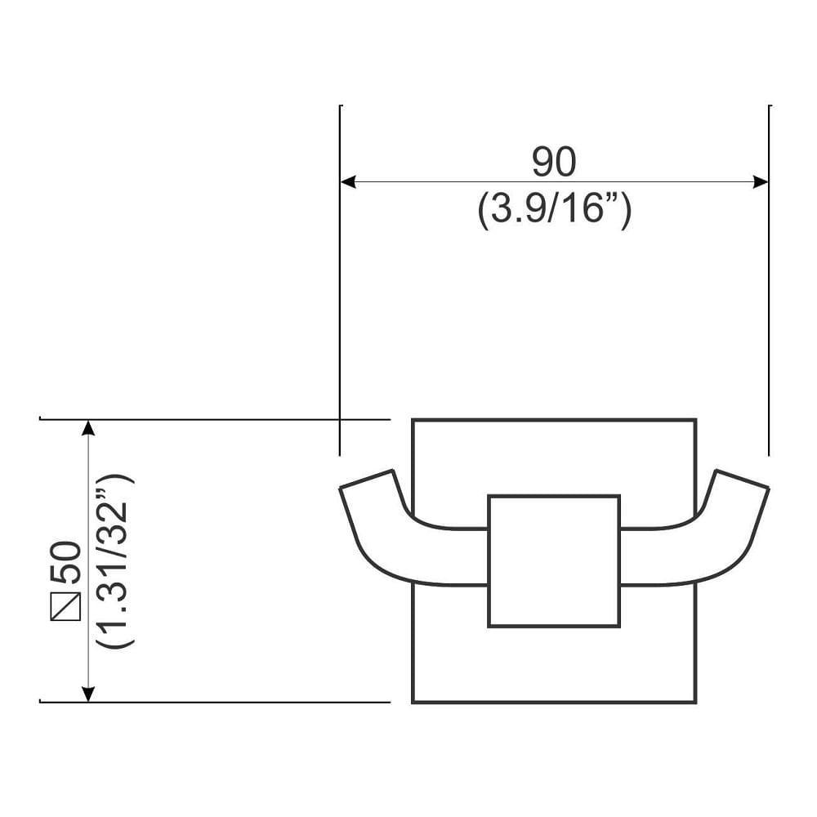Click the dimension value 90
click(x=554, y=163)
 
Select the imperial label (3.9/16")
click(x=554, y=211)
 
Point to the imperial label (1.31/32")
click(x=114, y=560)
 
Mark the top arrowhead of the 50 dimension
click(x=88, y=429)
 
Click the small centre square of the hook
click(x=554, y=560)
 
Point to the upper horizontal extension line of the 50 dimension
click(x=212, y=419)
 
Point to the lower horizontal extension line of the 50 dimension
click(x=212, y=702)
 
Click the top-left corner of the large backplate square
click(x=413, y=420)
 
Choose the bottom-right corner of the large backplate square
click(x=695, y=702)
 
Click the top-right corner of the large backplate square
click(x=695, y=420)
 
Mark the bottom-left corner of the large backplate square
click(x=413, y=702)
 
